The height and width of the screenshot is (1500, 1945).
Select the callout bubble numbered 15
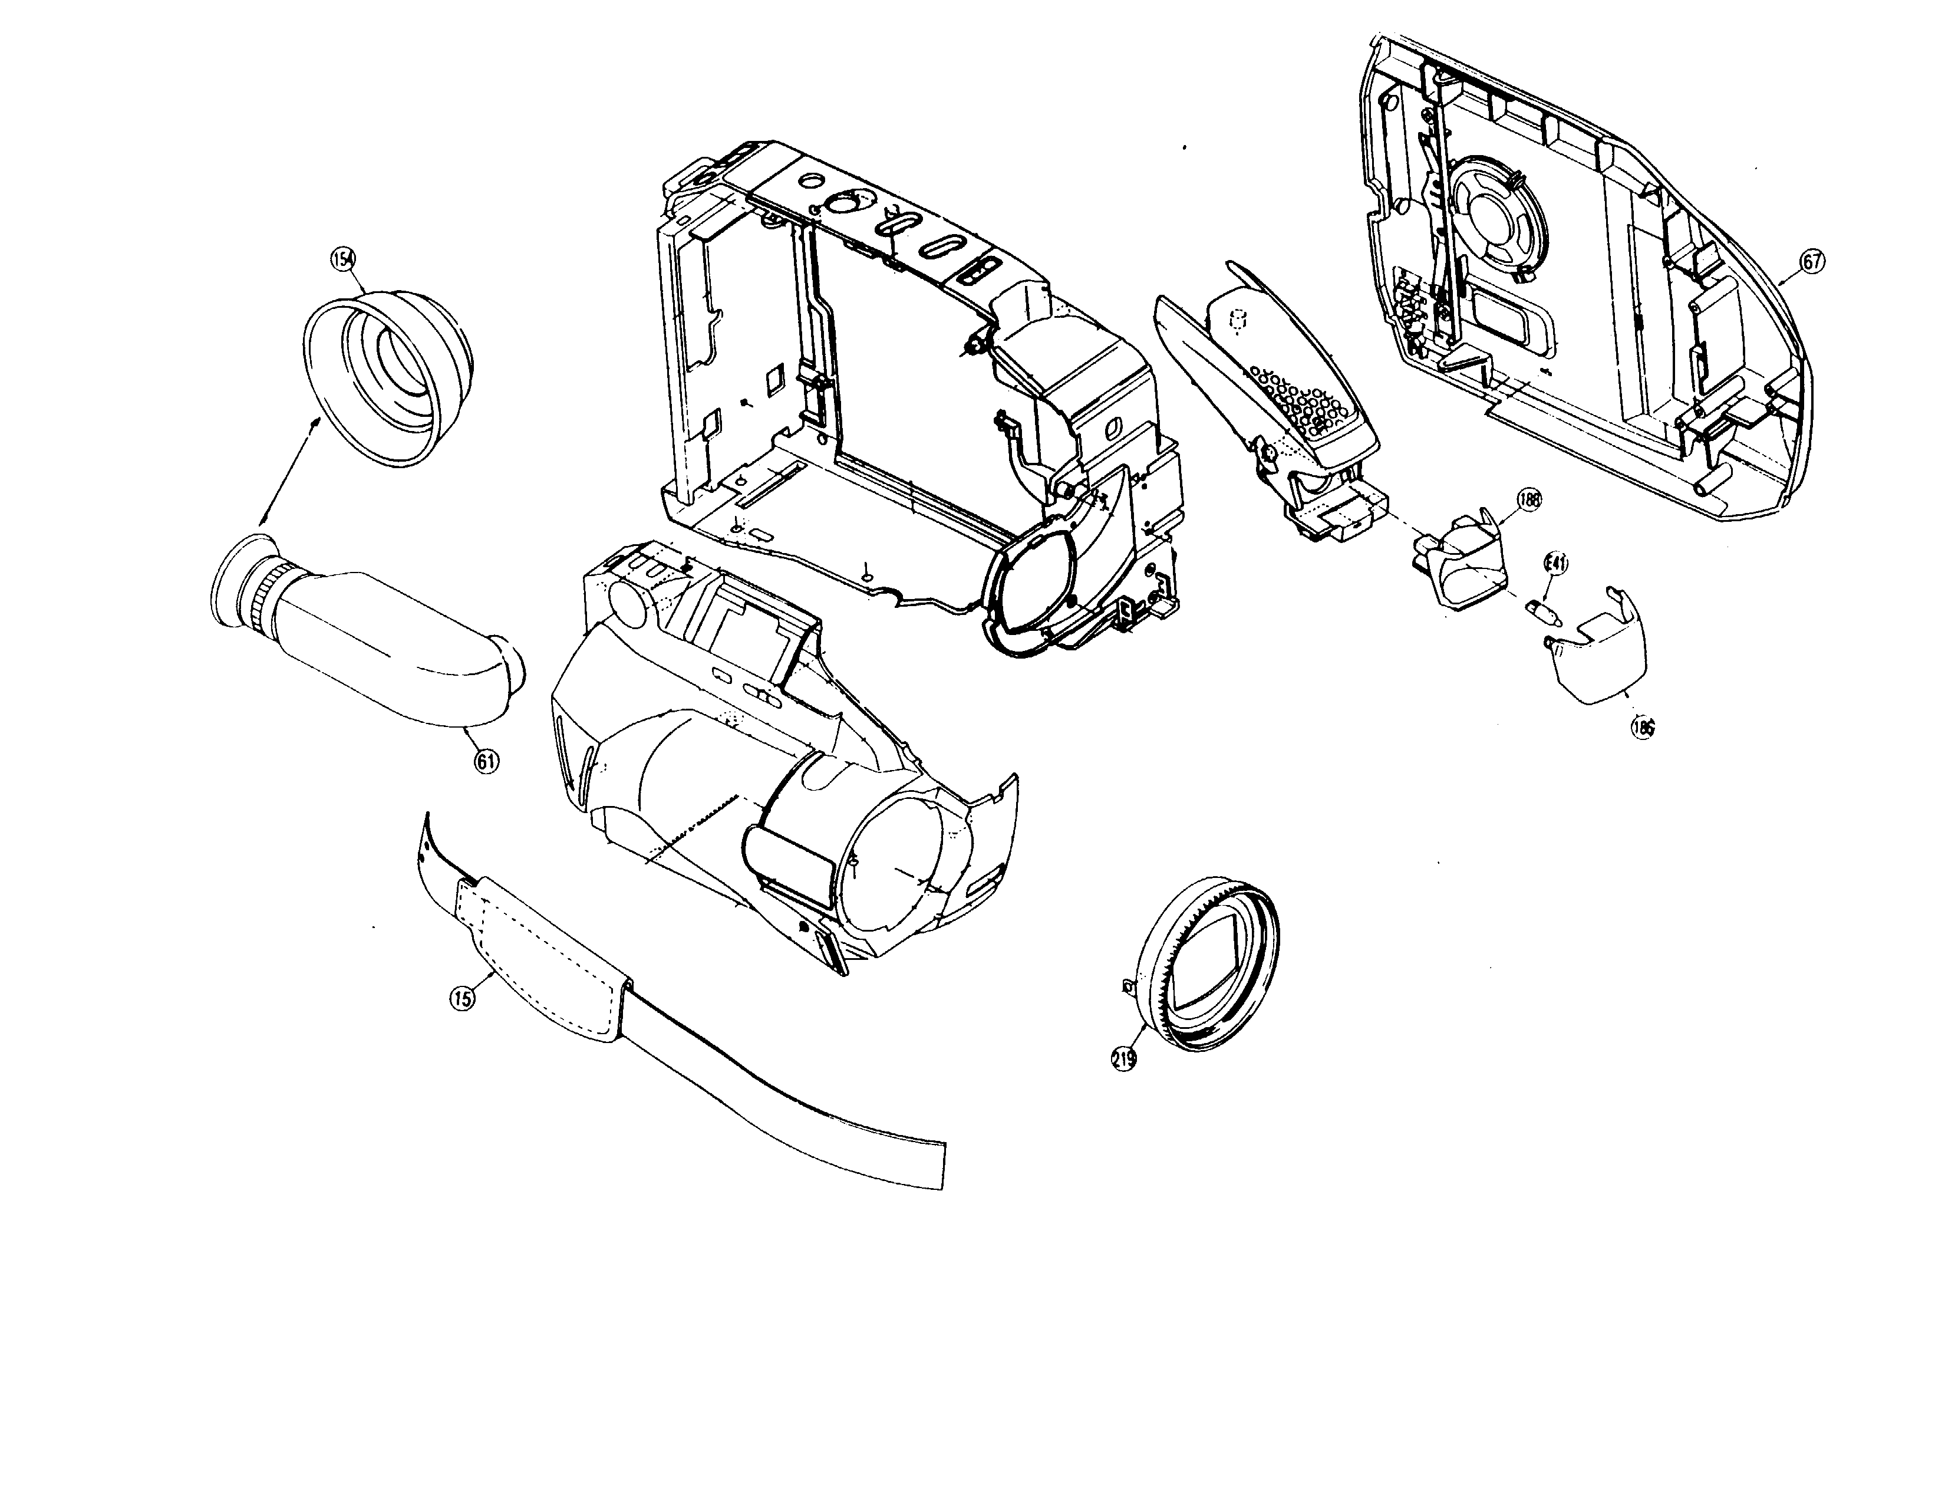[461, 998]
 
